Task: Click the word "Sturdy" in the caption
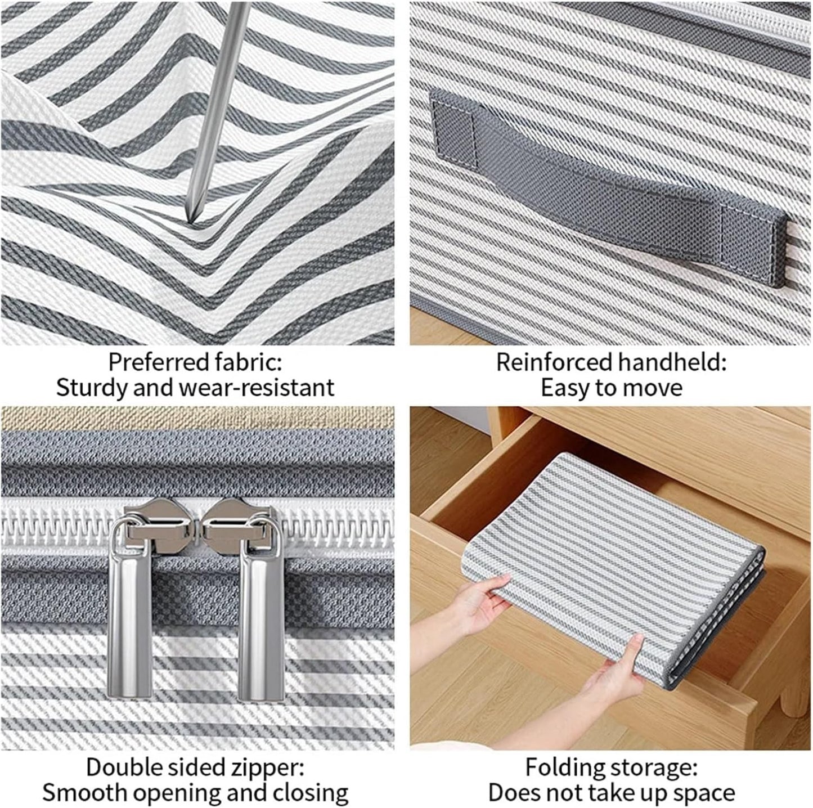[x=93, y=388]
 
